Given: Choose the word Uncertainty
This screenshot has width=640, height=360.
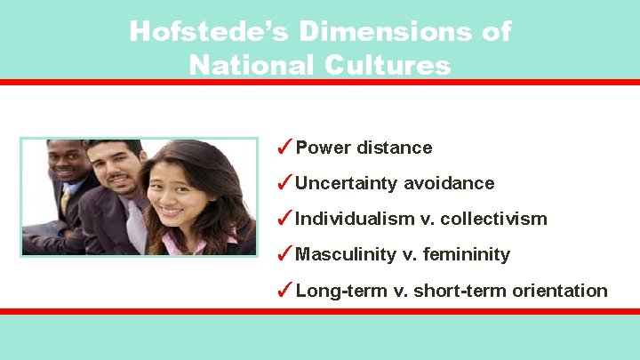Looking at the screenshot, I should [x=347, y=184].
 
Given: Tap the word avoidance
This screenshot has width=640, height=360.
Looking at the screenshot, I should [x=449, y=183].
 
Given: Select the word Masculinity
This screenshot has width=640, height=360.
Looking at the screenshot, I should [x=346, y=255].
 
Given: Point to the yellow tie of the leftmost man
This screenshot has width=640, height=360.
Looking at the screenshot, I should [x=66, y=201].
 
